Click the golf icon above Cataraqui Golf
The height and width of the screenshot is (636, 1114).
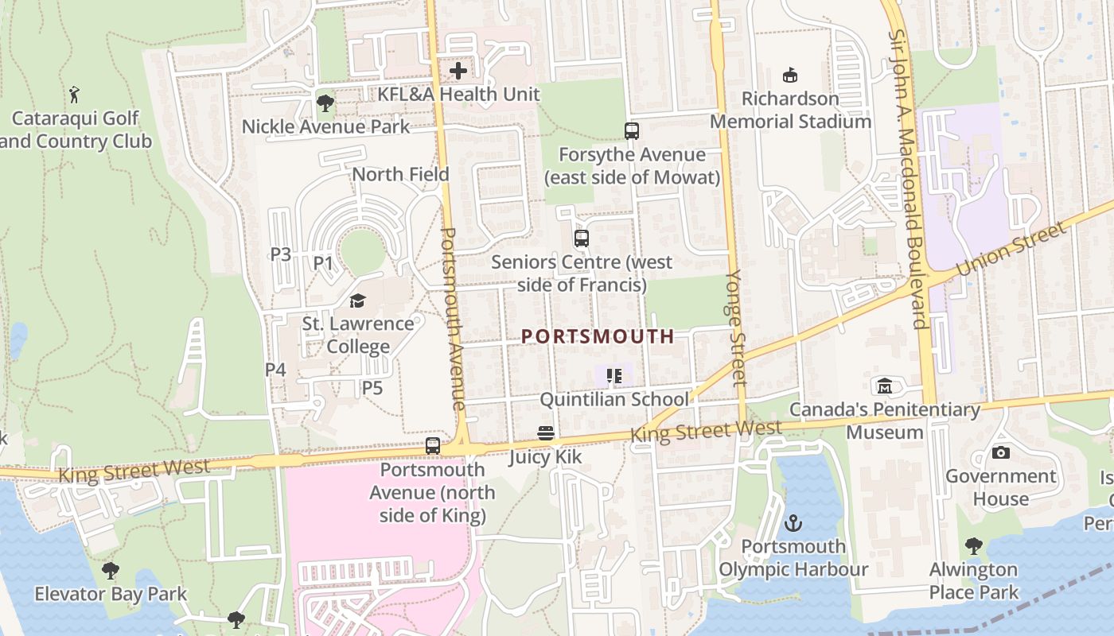point(75,95)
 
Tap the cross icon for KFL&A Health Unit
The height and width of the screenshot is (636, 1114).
point(458,71)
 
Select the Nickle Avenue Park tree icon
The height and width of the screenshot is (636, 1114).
point(325,103)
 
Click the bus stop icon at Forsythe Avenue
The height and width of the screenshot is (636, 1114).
point(632,131)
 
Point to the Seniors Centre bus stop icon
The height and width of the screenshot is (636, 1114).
point(582,238)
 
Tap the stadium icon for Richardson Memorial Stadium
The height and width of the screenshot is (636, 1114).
point(790,76)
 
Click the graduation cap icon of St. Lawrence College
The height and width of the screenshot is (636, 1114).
point(357,301)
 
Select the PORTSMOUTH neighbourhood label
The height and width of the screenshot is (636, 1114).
point(598,336)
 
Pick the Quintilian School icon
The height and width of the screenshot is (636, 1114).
point(613,375)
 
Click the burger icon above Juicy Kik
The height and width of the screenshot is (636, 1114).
point(546,433)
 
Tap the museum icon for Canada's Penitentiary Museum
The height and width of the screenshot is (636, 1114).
point(884,386)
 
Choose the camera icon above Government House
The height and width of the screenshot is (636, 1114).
point(1001,453)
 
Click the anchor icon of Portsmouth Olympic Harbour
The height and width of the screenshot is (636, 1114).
point(793,523)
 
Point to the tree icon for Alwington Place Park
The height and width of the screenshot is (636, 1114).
point(973,546)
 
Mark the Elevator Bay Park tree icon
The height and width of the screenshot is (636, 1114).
point(111,570)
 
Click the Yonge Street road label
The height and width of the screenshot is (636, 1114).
point(735,328)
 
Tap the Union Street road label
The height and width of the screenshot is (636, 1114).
point(1011,250)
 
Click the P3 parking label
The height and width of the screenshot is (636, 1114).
point(280,254)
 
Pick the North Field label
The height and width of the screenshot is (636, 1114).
point(400,174)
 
